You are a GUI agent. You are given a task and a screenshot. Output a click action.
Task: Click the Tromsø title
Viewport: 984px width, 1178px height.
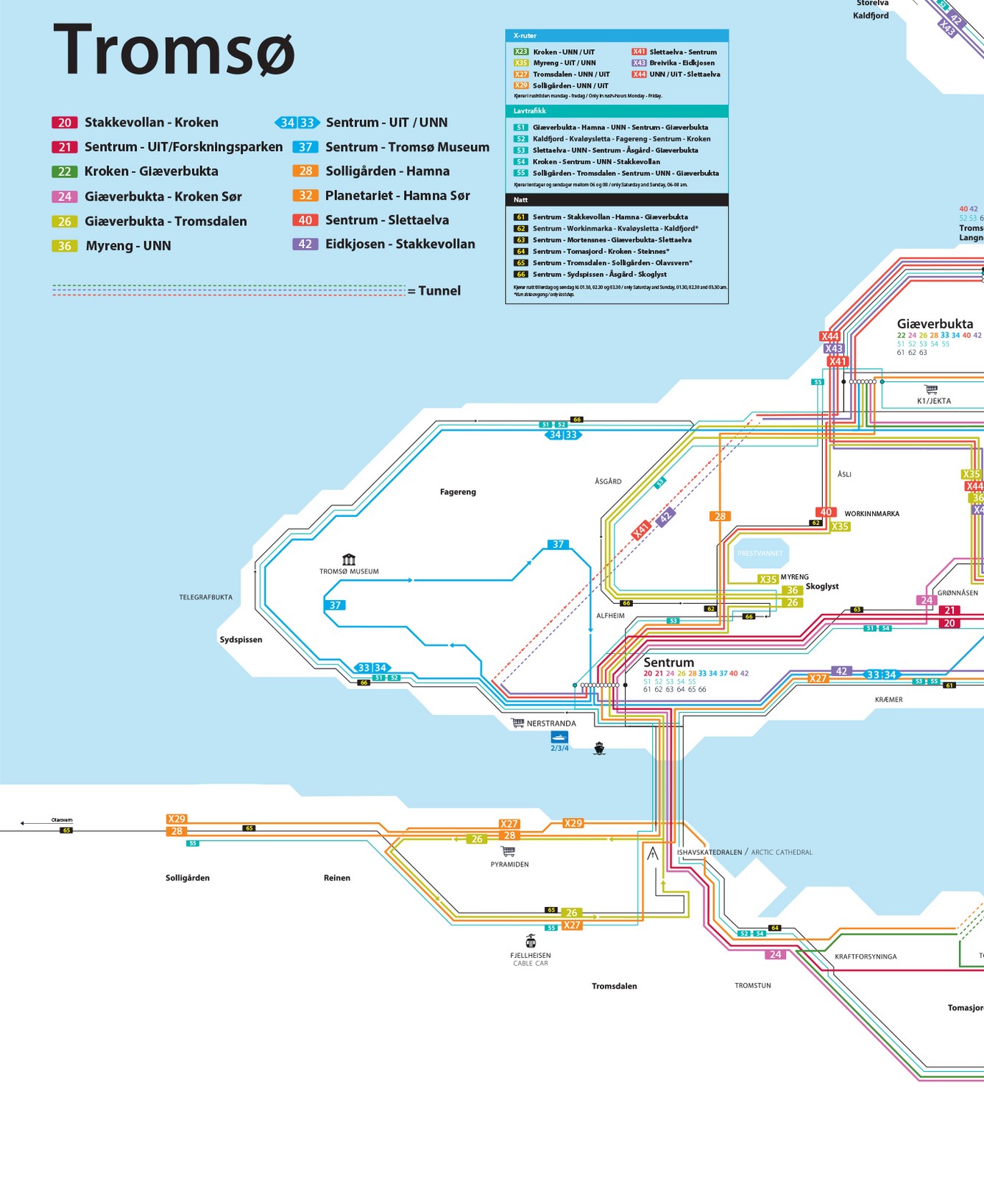click(174, 50)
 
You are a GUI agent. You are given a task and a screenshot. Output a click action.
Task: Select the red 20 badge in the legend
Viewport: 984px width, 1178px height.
click(65, 123)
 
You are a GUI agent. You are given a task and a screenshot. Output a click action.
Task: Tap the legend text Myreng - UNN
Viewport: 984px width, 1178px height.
click(128, 246)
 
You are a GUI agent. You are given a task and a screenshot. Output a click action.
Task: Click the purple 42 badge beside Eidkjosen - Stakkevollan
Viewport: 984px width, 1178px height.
click(305, 244)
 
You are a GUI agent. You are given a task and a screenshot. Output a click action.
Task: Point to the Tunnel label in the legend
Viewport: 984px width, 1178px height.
click(439, 291)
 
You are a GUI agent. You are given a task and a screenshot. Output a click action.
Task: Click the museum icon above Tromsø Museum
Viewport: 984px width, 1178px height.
click(349, 560)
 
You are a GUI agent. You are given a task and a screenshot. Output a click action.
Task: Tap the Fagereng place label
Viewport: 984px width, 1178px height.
click(458, 492)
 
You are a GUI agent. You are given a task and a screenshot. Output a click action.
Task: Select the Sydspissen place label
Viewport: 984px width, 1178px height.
click(241, 640)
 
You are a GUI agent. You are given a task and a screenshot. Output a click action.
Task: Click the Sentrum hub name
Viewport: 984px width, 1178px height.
click(668, 662)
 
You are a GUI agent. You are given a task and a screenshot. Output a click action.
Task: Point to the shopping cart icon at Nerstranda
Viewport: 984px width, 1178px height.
click(518, 723)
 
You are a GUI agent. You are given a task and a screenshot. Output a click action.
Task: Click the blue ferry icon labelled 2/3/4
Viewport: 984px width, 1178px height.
click(559, 736)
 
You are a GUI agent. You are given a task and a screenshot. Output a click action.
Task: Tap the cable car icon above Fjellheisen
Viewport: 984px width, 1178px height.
click(531, 941)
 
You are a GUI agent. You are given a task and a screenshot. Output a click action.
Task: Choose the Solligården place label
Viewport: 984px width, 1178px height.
click(188, 878)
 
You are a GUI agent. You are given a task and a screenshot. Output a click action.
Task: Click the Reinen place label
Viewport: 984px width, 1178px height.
click(337, 878)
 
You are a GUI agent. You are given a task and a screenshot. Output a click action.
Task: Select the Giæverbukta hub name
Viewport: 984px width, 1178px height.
click(935, 323)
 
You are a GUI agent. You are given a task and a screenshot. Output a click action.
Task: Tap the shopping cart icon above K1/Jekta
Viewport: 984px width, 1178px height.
click(931, 389)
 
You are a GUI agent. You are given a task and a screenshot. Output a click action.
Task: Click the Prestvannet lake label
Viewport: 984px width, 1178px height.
click(760, 553)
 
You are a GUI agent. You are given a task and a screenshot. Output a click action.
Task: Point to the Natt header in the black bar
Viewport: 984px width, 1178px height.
click(521, 200)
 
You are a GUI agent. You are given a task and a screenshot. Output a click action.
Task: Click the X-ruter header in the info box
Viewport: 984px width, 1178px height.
click(525, 35)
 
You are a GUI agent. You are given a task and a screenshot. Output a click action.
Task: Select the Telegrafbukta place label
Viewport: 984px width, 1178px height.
click(205, 597)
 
